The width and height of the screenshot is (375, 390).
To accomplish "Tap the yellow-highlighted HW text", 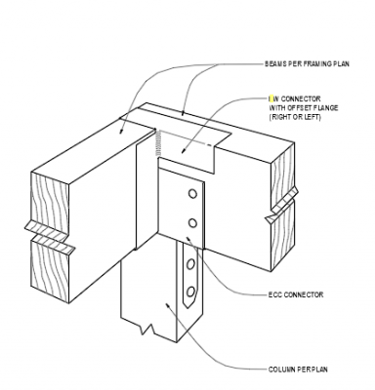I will (272, 98).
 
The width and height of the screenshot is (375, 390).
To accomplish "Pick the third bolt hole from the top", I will (190, 260).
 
